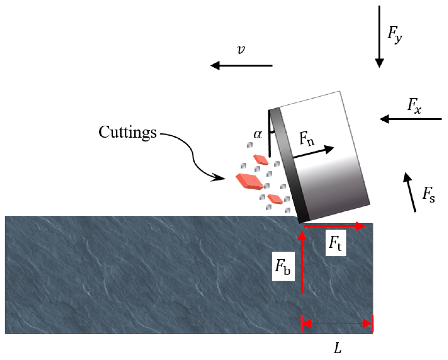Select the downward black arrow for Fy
379,37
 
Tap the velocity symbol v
241,50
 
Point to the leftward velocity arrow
242,65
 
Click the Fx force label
414,105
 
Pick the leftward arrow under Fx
411,119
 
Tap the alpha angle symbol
258,134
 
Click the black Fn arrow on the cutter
313,152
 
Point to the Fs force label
429,195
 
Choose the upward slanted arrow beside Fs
410,192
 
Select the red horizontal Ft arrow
334,226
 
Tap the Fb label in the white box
283,266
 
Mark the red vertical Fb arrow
302,262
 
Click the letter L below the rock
337,348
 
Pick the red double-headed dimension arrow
337,323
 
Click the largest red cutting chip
249,181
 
